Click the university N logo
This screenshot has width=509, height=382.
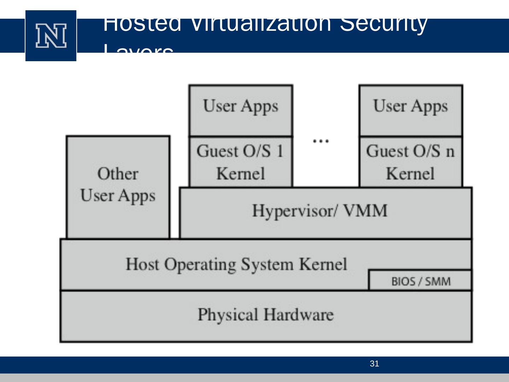point(51,36)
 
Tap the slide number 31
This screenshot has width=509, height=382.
point(374,364)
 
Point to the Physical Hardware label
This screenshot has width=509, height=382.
point(265,314)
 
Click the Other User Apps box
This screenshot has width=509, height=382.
point(118,187)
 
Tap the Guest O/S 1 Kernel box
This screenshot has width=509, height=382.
point(241,162)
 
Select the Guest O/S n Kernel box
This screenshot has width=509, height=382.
point(410,162)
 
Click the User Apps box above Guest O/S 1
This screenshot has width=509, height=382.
point(241,110)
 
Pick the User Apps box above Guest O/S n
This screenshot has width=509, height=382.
point(410,110)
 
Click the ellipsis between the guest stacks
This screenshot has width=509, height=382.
point(321,141)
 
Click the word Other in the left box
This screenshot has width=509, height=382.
point(118,174)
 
